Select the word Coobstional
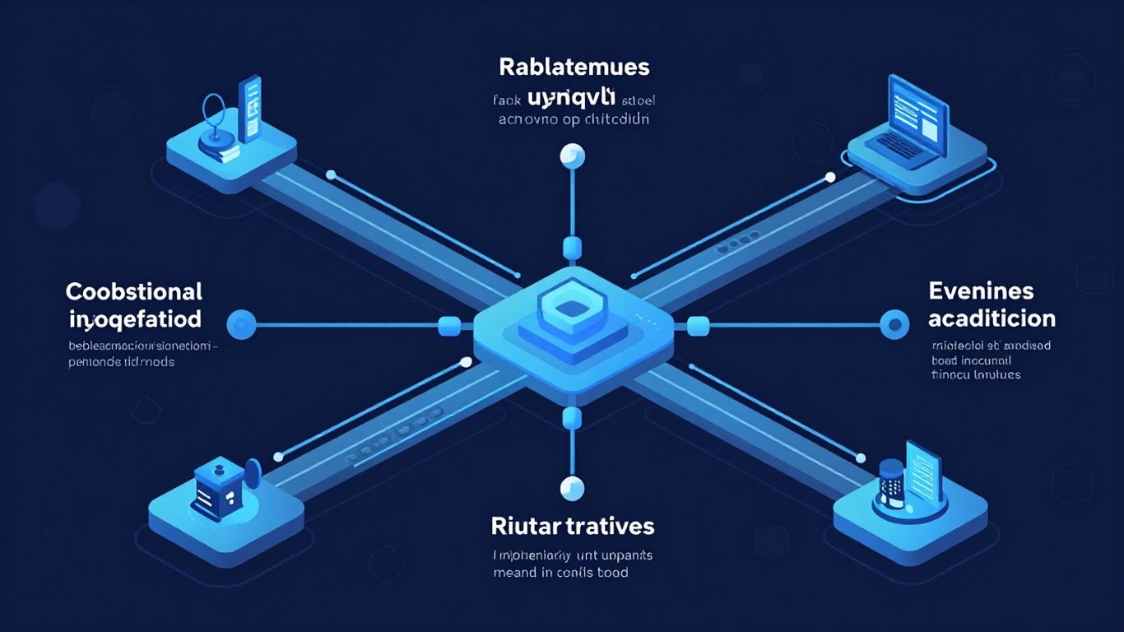click(133, 291)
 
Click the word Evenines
click(981, 291)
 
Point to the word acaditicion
click(992, 318)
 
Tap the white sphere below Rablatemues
click(571, 155)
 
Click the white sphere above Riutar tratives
click(571, 489)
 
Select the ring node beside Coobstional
click(241, 325)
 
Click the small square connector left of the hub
click(449, 326)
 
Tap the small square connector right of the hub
click(697, 326)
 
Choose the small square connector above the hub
click(571, 249)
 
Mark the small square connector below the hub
click(571, 419)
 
